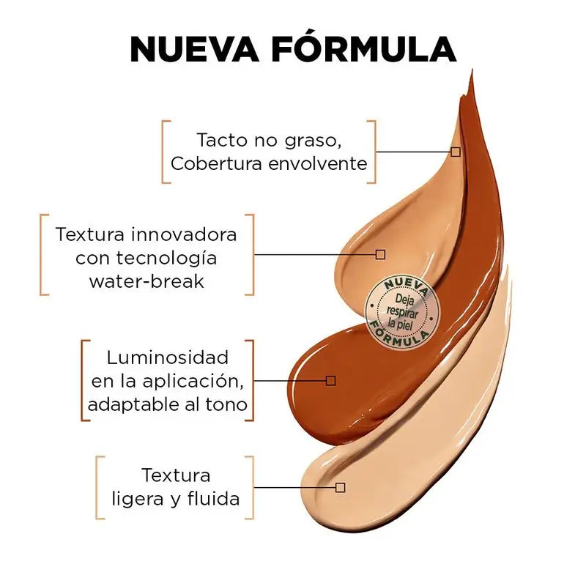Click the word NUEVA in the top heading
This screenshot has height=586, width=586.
pos(194,49)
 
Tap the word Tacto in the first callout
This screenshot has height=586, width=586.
pos(216,139)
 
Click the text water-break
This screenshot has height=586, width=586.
pos(146,281)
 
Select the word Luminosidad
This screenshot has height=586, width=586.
pos(168,357)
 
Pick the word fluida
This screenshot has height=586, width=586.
pos(214,499)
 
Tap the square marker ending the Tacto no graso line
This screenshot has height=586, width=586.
pos(456,152)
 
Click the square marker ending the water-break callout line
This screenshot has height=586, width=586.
pos(380,254)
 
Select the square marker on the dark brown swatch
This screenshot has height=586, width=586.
pos(330,380)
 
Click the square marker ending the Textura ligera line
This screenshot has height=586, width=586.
pos(340,487)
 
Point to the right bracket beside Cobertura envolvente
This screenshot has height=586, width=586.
pos(373,152)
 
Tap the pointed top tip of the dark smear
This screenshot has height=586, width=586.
pos(472,72)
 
